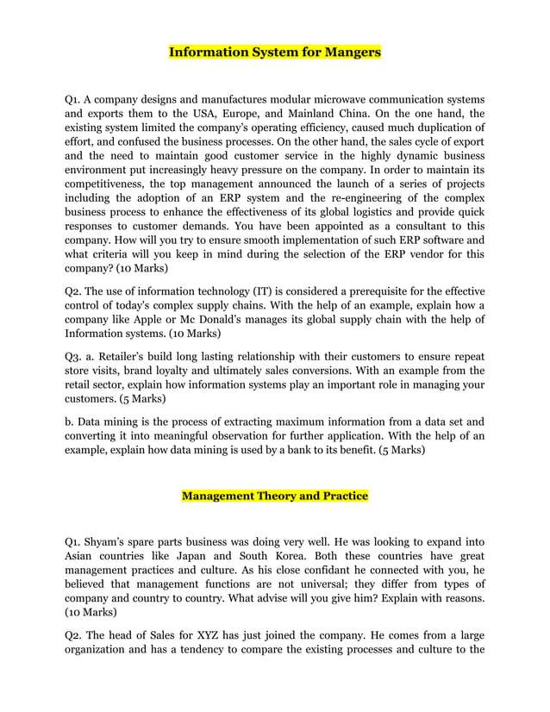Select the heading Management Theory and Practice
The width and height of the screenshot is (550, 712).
274,496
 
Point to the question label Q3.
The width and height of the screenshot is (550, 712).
75,357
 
